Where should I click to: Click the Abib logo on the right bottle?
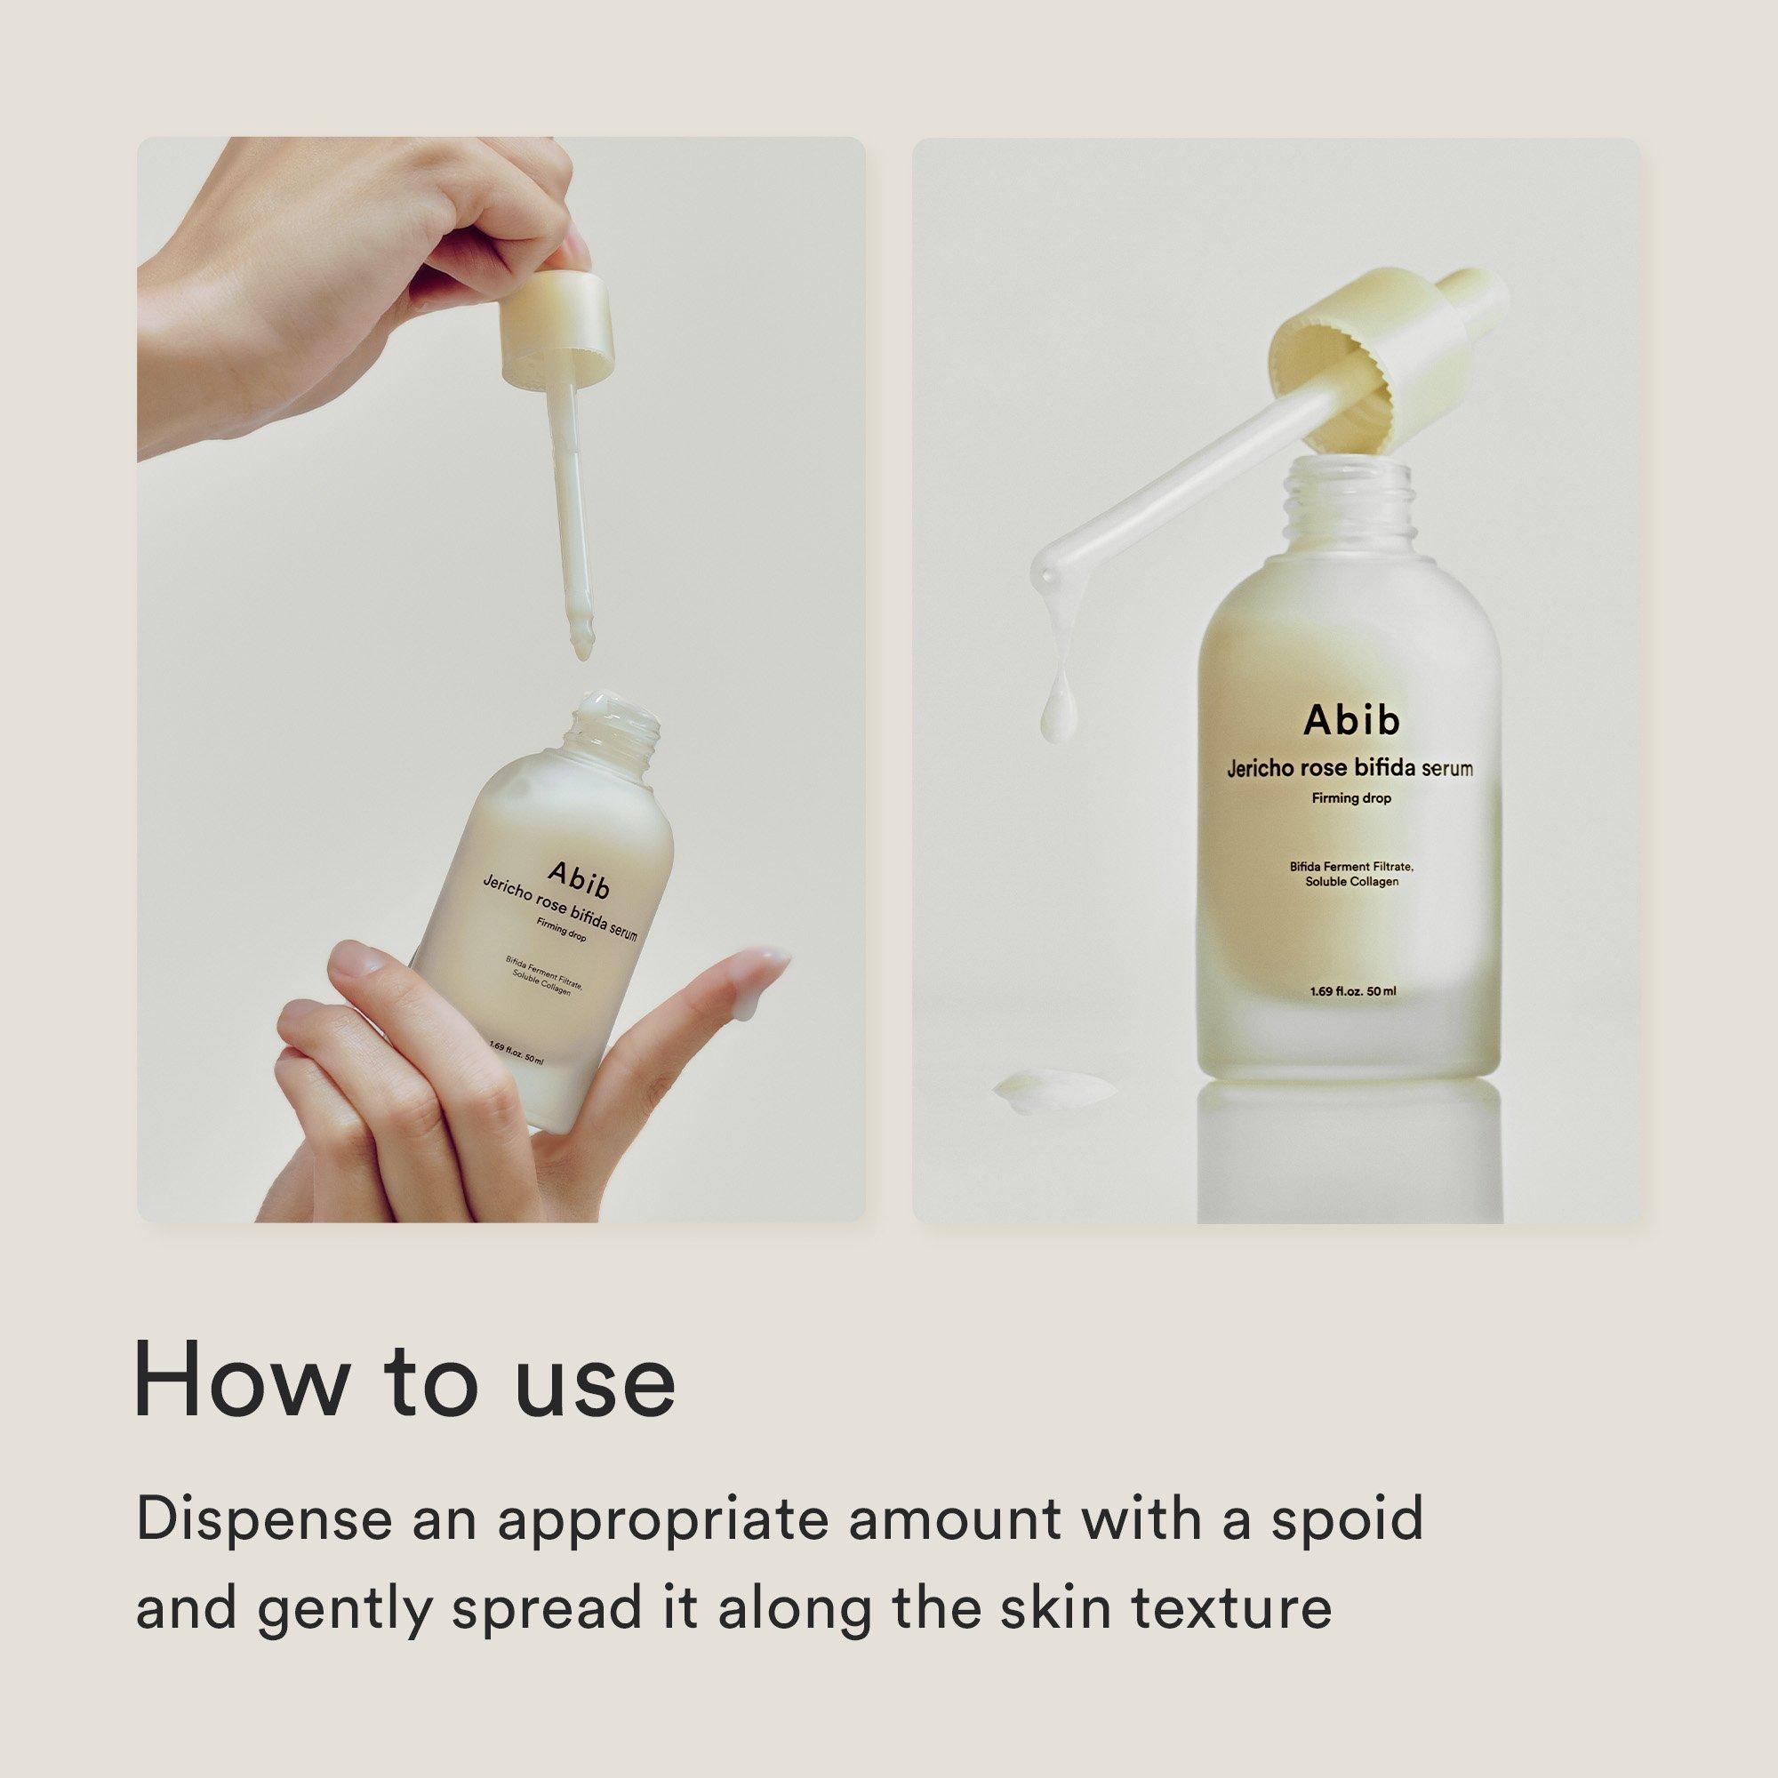coord(1351,720)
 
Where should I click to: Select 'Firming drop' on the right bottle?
coord(1351,799)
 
